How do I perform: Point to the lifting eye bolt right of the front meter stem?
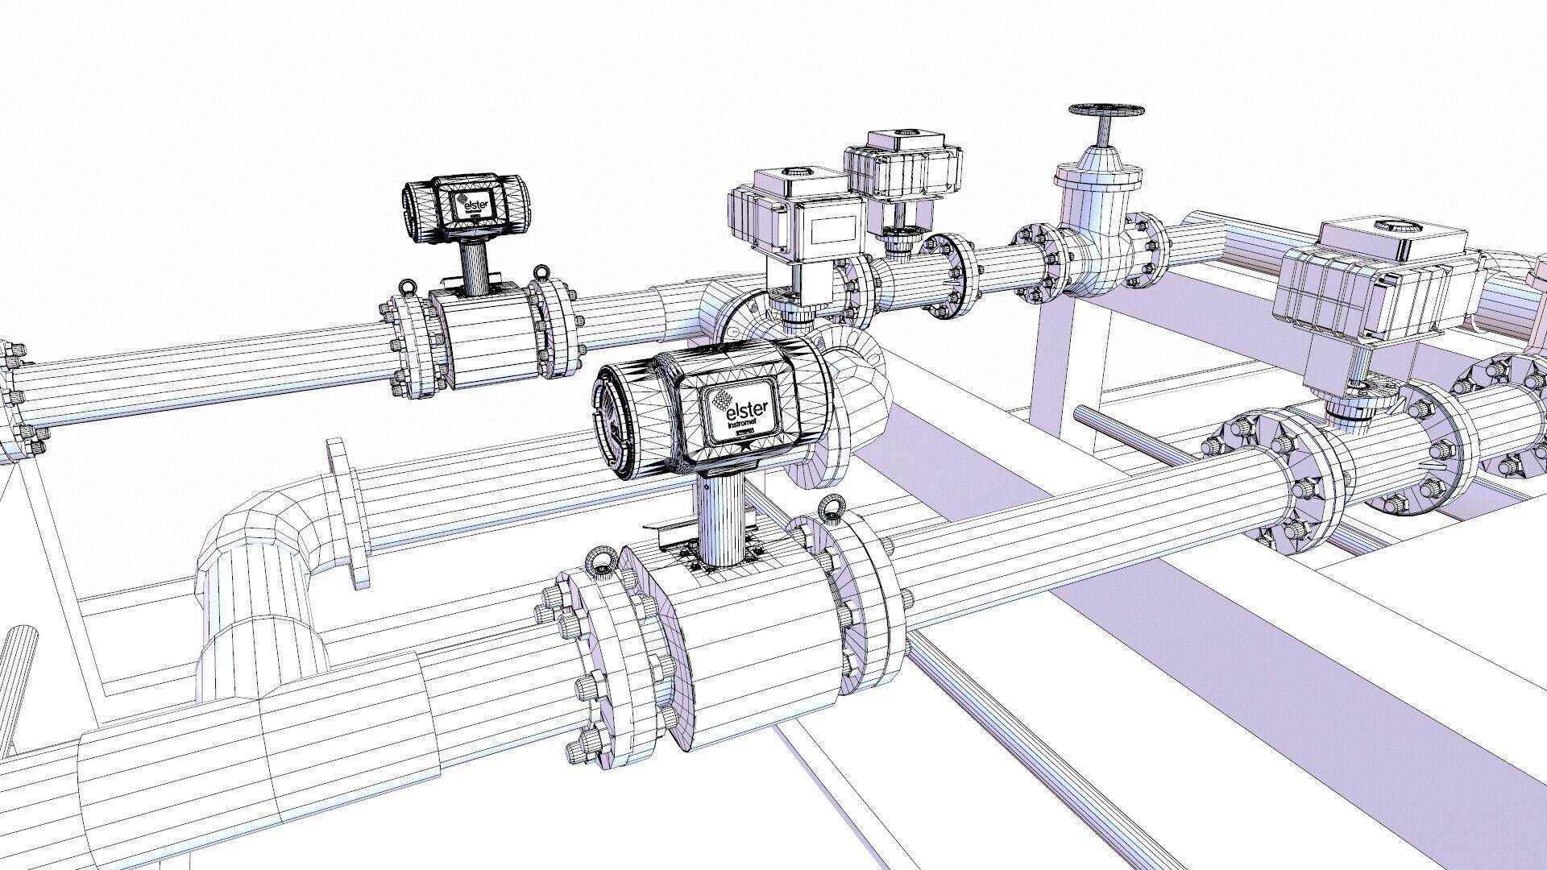pyautogui.click(x=829, y=510)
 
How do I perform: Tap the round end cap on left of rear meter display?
pyautogui.click(x=417, y=212)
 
